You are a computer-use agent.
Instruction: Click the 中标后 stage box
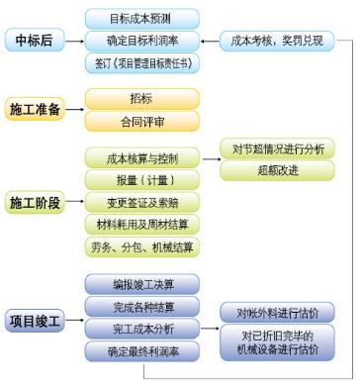[x=35, y=41]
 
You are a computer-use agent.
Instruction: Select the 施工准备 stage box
[x=35, y=109]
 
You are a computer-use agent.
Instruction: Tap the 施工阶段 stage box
[x=35, y=202]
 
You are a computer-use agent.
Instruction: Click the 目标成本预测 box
[x=141, y=18]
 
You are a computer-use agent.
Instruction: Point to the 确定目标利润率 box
[x=141, y=41]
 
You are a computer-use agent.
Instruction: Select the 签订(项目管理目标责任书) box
[x=141, y=63]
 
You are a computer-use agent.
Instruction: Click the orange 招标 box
[x=141, y=100]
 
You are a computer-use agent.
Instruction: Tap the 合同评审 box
[x=141, y=121]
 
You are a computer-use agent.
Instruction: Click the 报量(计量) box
[x=141, y=180]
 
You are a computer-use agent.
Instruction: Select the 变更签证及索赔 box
[x=141, y=202]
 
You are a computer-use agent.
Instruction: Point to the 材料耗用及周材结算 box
[x=141, y=224]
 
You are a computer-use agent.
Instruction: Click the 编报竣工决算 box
[x=141, y=284]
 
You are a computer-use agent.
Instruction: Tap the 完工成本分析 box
[x=141, y=328]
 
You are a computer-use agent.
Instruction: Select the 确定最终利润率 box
[x=141, y=350]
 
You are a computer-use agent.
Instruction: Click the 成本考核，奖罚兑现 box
[x=276, y=41]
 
